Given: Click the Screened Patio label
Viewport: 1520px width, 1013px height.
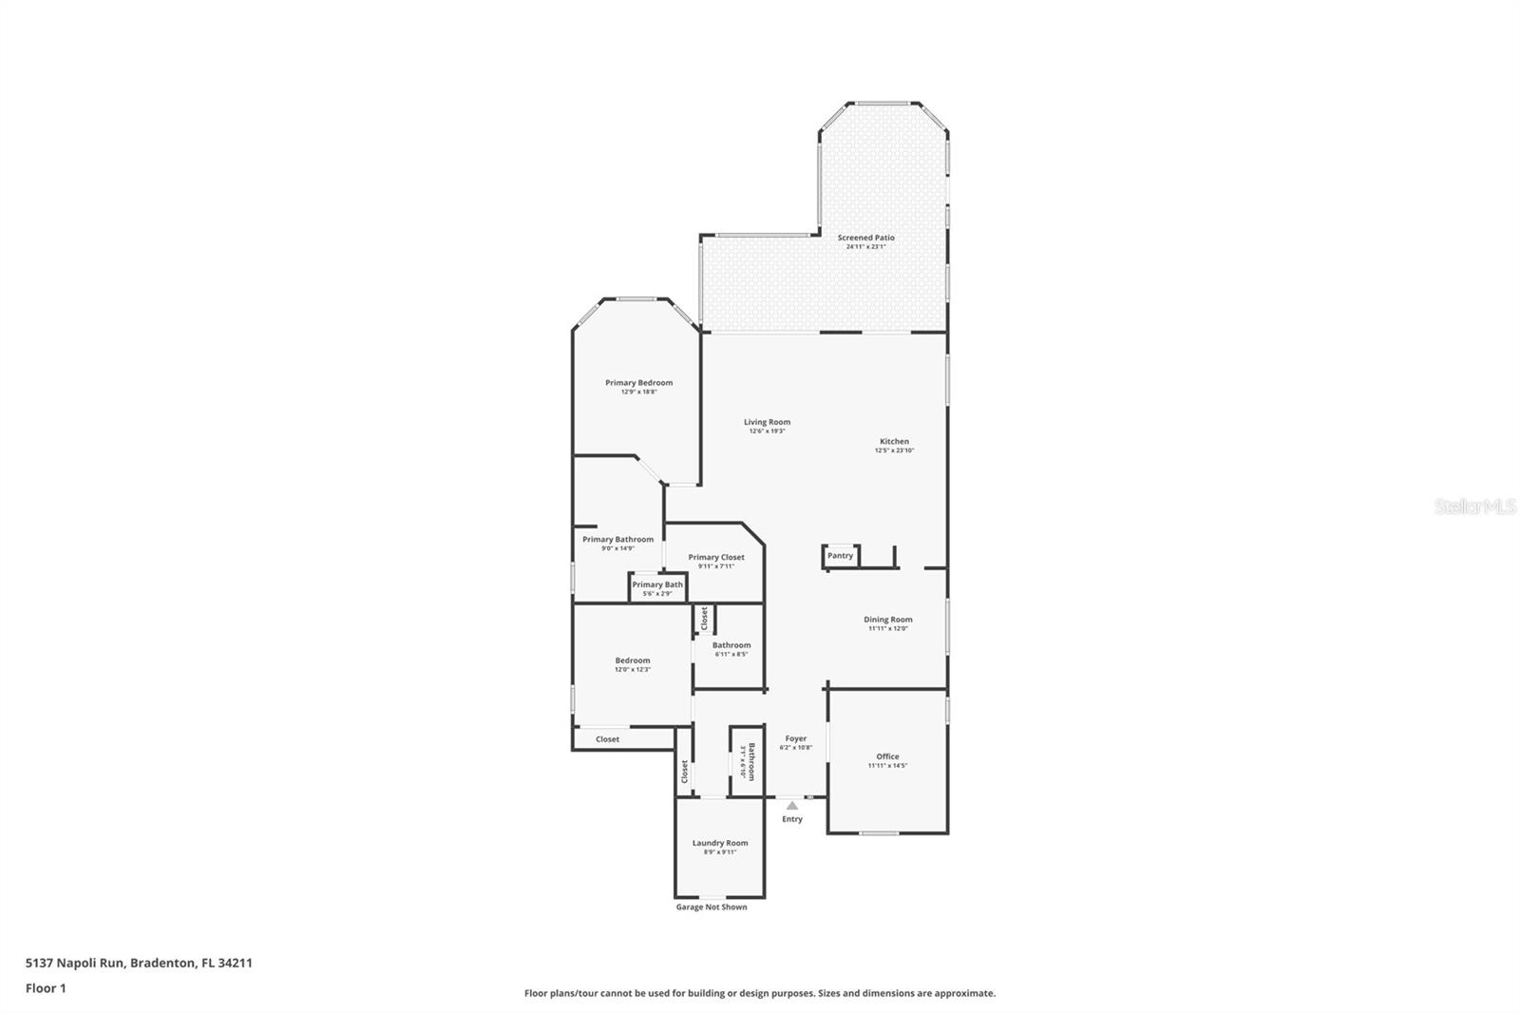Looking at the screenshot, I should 865,238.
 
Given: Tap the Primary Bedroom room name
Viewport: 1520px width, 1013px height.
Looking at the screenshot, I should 638,383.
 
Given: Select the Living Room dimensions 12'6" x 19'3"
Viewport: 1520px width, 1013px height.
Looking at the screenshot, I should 767,431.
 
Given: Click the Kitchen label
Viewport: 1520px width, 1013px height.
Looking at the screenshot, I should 894,441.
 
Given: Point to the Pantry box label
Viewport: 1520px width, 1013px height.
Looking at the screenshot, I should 840,556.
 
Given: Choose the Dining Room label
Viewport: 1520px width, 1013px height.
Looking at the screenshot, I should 887,620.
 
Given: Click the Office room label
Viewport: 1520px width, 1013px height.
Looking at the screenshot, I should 887,756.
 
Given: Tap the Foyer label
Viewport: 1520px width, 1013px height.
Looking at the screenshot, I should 795,738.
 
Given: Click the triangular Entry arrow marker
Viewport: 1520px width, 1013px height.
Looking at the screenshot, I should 792,806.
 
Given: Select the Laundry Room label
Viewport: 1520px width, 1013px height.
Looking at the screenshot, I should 719,843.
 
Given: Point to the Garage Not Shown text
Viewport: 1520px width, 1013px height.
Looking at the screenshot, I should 711,907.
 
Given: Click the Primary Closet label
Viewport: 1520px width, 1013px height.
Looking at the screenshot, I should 716,558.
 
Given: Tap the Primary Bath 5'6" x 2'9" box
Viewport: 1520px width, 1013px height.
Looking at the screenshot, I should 657,588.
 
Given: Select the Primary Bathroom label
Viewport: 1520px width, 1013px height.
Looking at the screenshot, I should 617,539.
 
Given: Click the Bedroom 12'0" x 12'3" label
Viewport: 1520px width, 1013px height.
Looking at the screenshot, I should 632,664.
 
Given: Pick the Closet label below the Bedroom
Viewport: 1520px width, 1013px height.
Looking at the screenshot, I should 607,739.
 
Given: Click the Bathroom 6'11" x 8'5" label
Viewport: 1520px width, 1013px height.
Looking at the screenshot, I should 731,645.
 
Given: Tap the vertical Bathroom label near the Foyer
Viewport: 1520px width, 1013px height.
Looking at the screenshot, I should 750,760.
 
